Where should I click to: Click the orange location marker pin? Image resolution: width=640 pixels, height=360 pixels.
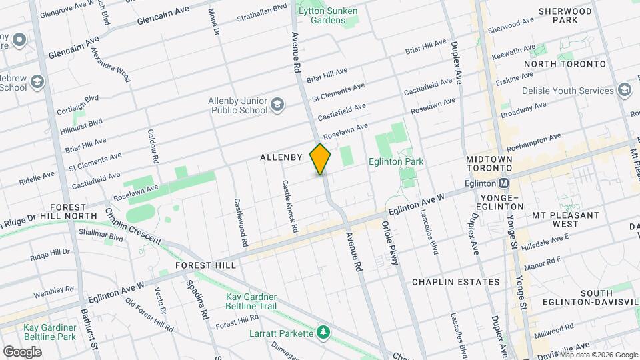(x=321, y=159)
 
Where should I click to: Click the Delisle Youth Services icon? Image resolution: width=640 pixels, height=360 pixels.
(x=625, y=90)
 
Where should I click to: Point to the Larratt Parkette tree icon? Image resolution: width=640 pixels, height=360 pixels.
(x=323, y=332)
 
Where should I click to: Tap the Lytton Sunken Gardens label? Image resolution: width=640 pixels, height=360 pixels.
(x=327, y=15)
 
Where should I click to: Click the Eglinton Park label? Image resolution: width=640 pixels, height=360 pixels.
(x=395, y=161)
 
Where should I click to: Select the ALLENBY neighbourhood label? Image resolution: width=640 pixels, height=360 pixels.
(x=281, y=157)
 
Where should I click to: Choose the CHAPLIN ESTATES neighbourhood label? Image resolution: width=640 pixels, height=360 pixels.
(x=455, y=282)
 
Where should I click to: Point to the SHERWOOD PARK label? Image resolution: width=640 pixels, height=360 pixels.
(x=565, y=16)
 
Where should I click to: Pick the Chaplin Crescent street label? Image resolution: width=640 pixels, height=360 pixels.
(x=132, y=226)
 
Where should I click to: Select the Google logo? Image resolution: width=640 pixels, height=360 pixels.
(x=23, y=351)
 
